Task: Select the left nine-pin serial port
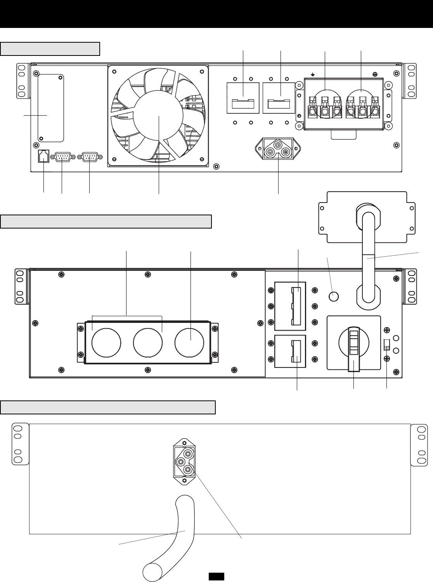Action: tap(62, 157)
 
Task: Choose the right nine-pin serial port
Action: tap(89, 157)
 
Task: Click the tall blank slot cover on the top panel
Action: tap(51, 109)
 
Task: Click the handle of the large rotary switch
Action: tap(354, 349)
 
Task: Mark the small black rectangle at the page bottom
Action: tap(216, 577)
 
